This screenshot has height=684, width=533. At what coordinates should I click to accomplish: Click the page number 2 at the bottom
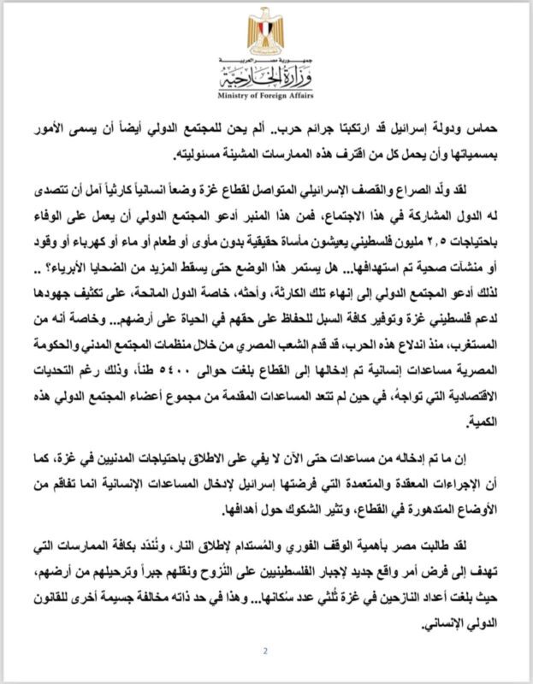[x=266, y=652]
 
